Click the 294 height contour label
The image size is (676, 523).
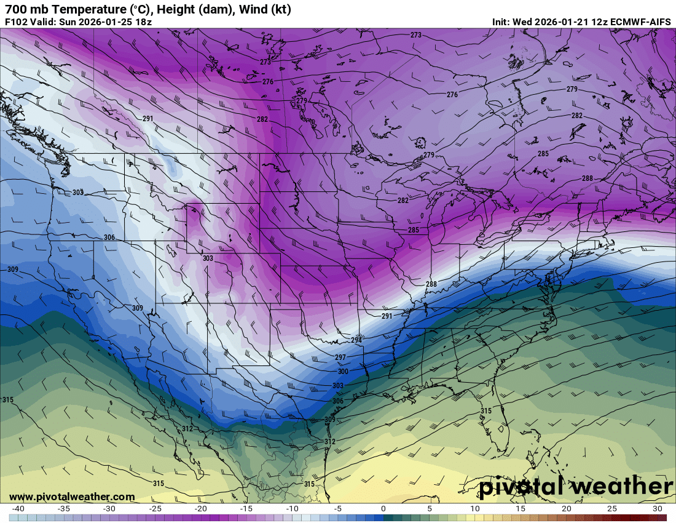pos(356,340)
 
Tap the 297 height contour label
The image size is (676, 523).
pos(340,357)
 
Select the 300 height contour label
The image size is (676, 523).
pos(343,372)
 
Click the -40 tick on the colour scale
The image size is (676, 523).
pos(18,509)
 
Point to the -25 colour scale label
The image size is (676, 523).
pos(155,509)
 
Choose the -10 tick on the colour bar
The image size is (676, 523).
pos(292,509)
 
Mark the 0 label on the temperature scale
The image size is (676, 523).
pos(383,509)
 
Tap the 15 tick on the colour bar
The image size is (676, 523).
pos(521,509)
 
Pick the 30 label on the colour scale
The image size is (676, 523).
pos(658,509)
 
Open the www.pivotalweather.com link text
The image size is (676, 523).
pos(72,497)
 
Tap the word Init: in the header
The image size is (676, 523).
pos(503,22)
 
